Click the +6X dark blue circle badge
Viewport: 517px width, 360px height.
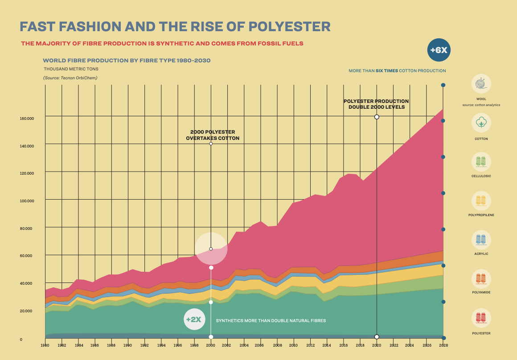[x=439, y=50]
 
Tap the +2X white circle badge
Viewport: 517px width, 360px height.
[x=194, y=319]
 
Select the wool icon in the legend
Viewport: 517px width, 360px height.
[x=481, y=84]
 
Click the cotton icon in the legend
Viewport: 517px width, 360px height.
[x=481, y=123]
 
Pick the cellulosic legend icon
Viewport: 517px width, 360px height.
[x=481, y=162]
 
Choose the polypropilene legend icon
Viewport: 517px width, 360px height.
[x=481, y=200]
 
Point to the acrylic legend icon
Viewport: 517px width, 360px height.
[x=481, y=239]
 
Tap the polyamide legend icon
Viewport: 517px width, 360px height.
[x=481, y=278]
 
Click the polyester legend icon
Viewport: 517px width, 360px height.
[x=481, y=318]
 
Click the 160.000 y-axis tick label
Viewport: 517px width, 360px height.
[x=27, y=119]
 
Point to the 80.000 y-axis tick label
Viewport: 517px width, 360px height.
[x=27, y=229]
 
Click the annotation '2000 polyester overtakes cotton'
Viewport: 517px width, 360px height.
[x=212, y=135]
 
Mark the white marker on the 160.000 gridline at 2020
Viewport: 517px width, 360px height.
[x=377, y=117]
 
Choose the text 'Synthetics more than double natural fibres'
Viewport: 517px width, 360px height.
[x=271, y=321]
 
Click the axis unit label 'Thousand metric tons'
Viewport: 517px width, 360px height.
[x=71, y=69]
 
